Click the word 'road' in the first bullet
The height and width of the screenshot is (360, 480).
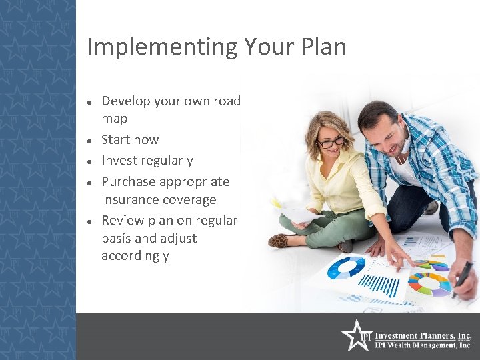click(x=227, y=101)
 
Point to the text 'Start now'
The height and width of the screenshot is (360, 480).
click(x=130, y=140)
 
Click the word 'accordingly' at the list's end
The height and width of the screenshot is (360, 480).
click(x=135, y=256)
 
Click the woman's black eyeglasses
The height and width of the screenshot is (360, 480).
click(x=330, y=142)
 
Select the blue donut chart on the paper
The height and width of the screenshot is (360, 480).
click(x=347, y=267)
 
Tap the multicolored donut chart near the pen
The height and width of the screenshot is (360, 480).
click(x=429, y=283)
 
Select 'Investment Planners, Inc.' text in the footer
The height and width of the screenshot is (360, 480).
click(x=423, y=336)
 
